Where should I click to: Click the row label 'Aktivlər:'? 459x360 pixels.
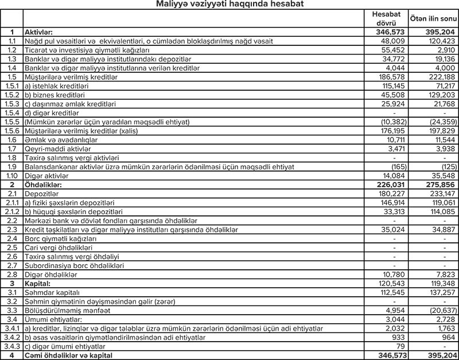tap(44, 33)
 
